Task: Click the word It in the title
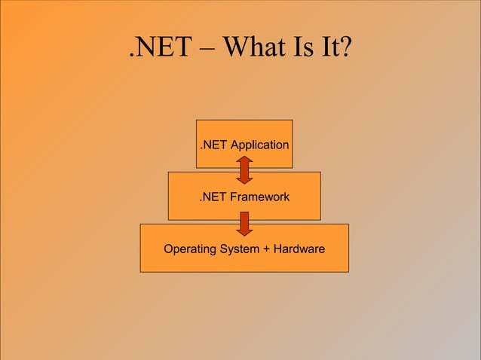(x=331, y=50)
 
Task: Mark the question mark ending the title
(x=348, y=50)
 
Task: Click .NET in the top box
(x=213, y=144)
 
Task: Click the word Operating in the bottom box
(x=189, y=249)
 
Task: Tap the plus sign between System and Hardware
(x=268, y=249)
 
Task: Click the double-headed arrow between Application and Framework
(x=244, y=170)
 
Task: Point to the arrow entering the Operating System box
(x=244, y=223)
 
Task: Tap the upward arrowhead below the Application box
(x=244, y=161)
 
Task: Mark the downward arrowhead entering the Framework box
(x=244, y=179)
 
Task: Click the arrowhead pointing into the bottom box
(x=244, y=230)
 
